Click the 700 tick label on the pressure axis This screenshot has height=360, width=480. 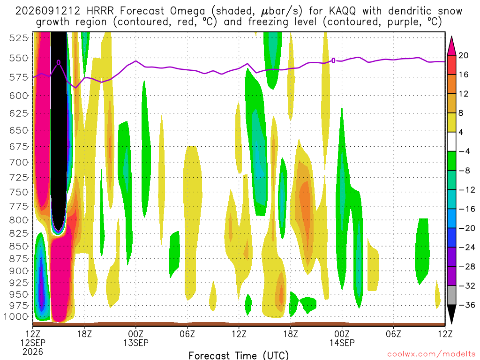[x=18, y=162]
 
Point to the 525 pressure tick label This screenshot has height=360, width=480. [x=18, y=38]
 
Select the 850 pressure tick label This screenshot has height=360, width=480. [x=18, y=246]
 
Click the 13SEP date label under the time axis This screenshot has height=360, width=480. [x=136, y=343]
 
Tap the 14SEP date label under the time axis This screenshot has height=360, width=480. [x=342, y=343]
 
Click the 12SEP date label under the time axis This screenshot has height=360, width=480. [x=33, y=343]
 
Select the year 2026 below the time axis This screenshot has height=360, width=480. [x=33, y=352]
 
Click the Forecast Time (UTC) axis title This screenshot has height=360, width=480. [x=239, y=355]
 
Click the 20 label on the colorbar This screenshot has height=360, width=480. [x=463, y=55]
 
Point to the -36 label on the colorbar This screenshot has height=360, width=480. [x=466, y=305]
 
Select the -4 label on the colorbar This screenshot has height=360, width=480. [x=464, y=151]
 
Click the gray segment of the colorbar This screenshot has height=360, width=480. [x=451, y=295]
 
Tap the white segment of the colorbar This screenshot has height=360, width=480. [x=451, y=142]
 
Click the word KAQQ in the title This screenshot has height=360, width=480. [x=342, y=11]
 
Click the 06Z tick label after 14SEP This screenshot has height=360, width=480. [x=393, y=333]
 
